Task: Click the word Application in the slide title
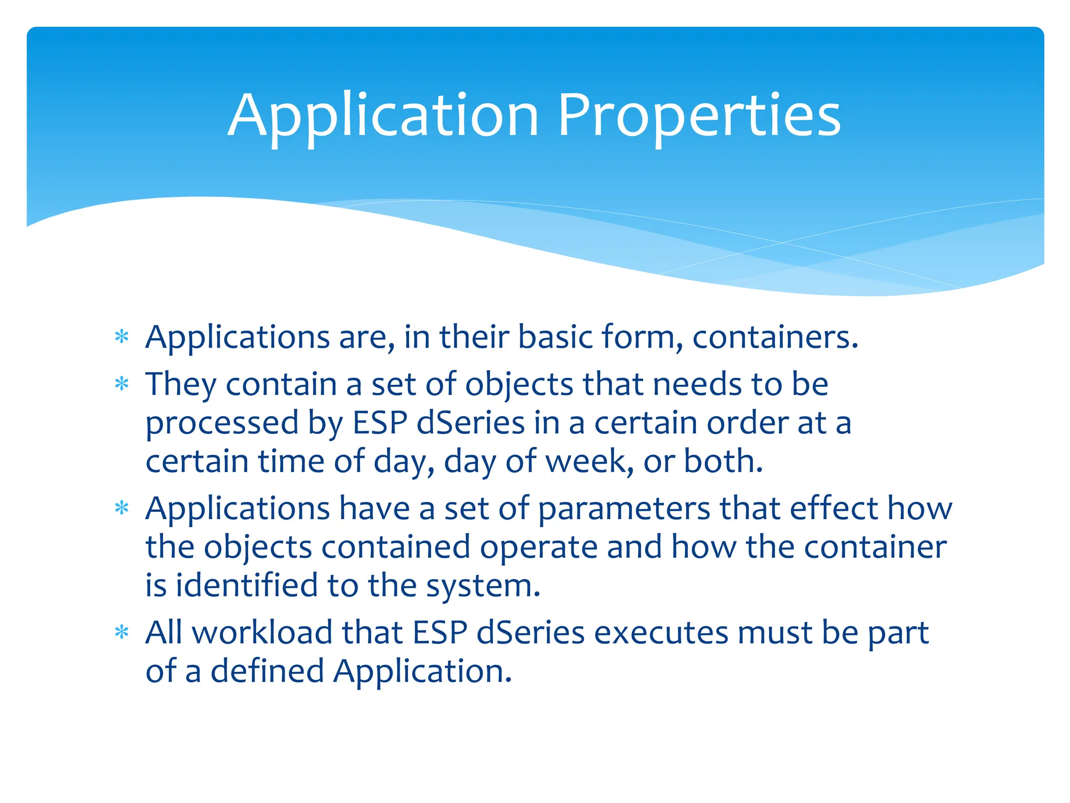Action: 383,116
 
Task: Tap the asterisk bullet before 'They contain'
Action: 122,385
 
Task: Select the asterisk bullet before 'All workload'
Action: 122,633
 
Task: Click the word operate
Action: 539,547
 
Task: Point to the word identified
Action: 247,586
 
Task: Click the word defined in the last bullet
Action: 266,671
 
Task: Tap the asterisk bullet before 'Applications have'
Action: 122,508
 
